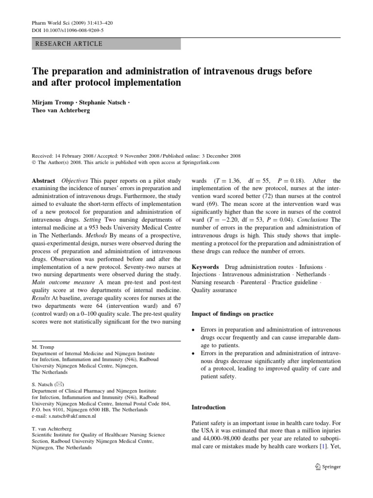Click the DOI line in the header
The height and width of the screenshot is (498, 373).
(59, 30)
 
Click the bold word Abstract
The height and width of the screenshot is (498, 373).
(44, 179)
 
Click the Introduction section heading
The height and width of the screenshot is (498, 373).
(209, 407)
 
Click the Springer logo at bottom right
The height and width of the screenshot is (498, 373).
(328, 467)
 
